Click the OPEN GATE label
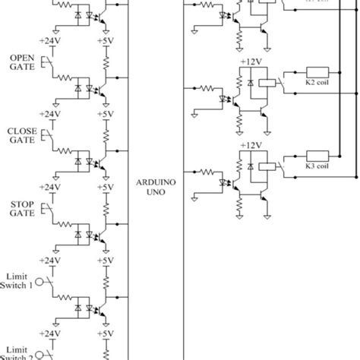click(x=22, y=62)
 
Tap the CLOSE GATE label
click(x=22, y=134)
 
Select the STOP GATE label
click(x=22, y=207)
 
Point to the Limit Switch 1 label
click(x=19, y=280)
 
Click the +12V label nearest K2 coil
click(x=250, y=61)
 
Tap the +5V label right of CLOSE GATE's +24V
click(x=106, y=114)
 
